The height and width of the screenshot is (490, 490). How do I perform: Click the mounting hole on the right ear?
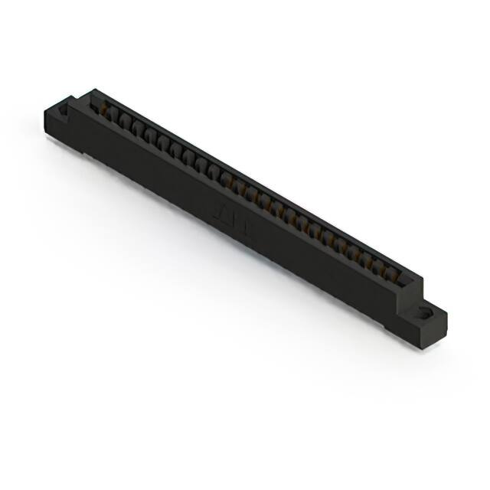[425, 312]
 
